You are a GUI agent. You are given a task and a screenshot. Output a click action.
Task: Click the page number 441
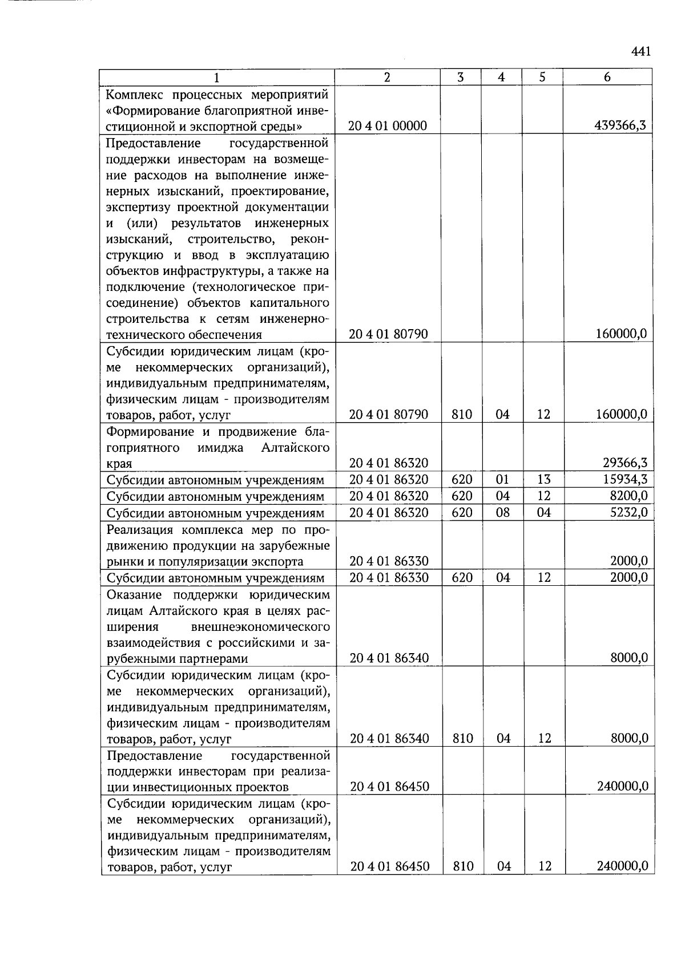click(x=641, y=52)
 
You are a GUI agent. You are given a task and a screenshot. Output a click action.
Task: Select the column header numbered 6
click(x=607, y=77)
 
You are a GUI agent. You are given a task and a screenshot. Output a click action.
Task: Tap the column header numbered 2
click(x=387, y=77)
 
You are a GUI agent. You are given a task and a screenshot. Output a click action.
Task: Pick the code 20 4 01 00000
click(x=388, y=125)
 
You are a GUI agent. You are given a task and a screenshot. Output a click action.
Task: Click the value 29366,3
click(x=625, y=463)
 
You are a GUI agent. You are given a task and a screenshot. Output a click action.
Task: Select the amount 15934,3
click(x=625, y=479)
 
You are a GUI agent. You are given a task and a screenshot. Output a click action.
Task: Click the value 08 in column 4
click(x=502, y=512)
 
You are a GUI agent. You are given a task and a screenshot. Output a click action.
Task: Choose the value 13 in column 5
click(x=543, y=479)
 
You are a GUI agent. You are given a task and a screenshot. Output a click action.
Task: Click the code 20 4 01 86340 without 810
click(x=389, y=658)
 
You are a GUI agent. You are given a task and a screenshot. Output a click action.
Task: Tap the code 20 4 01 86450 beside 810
click(x=390, y=866)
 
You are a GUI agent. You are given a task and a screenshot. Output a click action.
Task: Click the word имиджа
click(x=220, y=447)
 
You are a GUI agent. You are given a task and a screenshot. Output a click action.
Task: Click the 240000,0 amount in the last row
click(x=622, y=866)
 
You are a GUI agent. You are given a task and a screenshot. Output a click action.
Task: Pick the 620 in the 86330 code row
click(x=462, y=577)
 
